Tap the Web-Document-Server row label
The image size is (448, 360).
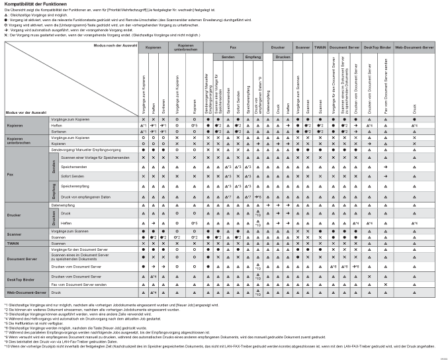click(26, 292)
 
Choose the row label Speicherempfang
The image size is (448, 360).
click(74, 187)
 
